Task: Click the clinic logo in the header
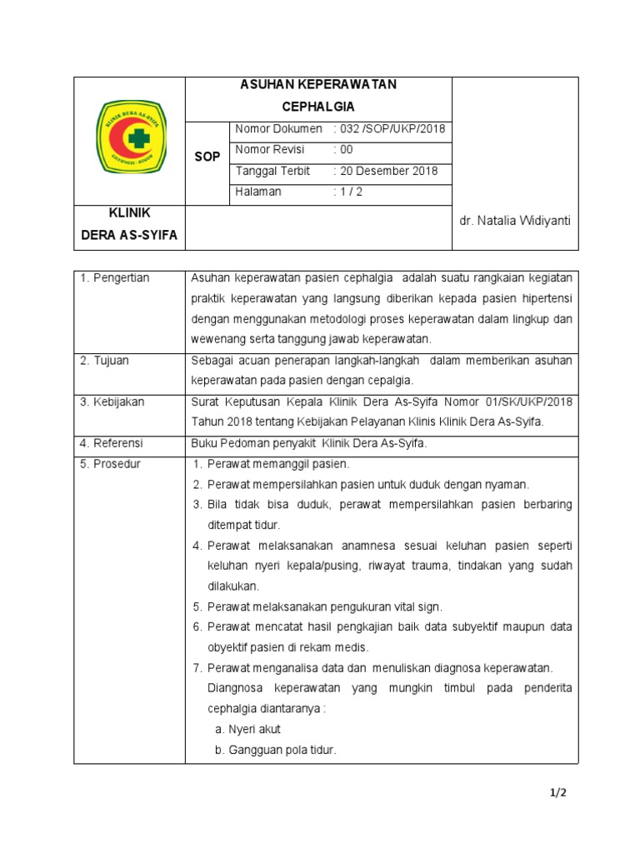coord(129,137)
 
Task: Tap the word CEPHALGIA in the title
coord(317,107)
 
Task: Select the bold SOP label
coord(207,157)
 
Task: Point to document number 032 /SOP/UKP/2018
coord(389,129)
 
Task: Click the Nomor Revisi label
coord(270,150)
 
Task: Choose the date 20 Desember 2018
coord(384,171)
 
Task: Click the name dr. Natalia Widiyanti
coord(515,220)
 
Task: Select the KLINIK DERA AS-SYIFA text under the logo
coord(129,225)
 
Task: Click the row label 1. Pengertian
coord(115,278)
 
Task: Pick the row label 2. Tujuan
coord(105,361)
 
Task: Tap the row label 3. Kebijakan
coord(112,402)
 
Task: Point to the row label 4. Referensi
coord(112,443)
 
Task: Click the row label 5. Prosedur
coord(111,464)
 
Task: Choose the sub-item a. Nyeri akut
coord(247,729)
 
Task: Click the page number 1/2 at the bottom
coord(558,794)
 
